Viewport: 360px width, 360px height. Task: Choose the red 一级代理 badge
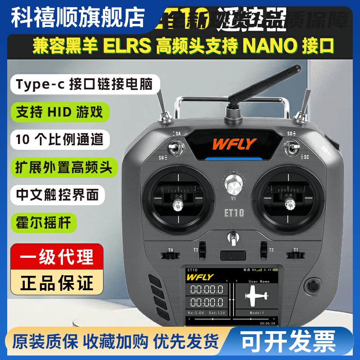point(58,257)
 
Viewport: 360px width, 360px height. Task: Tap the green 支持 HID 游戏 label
point(59,111)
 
